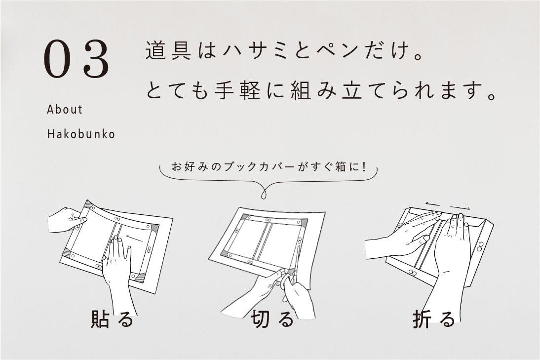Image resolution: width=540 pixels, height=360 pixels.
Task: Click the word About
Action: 65,110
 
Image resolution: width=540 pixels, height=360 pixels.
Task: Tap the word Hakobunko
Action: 81,134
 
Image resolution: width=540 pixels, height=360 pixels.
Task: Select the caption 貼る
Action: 112,319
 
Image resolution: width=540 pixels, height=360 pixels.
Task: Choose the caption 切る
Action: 272,319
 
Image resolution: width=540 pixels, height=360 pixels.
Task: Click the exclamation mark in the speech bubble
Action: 363,167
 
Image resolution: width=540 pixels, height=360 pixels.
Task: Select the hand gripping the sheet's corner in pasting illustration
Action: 67,219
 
